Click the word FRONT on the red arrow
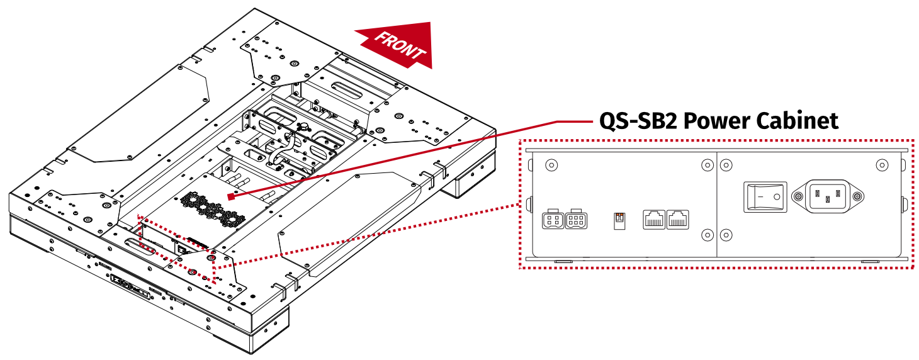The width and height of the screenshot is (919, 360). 399,45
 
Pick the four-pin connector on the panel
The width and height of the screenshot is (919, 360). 552,220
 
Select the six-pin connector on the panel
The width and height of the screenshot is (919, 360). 577,220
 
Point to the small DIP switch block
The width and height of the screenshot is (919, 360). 619,220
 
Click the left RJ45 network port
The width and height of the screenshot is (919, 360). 653,220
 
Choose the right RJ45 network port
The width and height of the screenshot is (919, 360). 678,220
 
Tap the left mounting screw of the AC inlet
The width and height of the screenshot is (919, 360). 798,196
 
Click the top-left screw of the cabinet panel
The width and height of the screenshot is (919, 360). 551,165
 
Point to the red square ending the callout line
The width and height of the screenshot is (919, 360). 232,196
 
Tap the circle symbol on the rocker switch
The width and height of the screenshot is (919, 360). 777,196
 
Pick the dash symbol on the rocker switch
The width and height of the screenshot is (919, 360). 758,196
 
